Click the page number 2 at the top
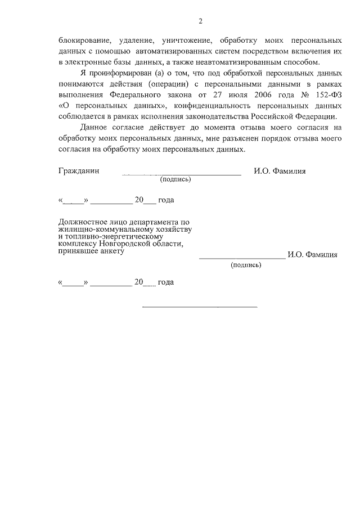point(200,21)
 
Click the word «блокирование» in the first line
point(82,41)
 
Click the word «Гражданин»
point(79,171)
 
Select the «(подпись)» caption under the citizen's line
point(175,180)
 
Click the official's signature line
point(242,258)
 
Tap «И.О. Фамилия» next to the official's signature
point(312,254)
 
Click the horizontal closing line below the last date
point(200,307)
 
